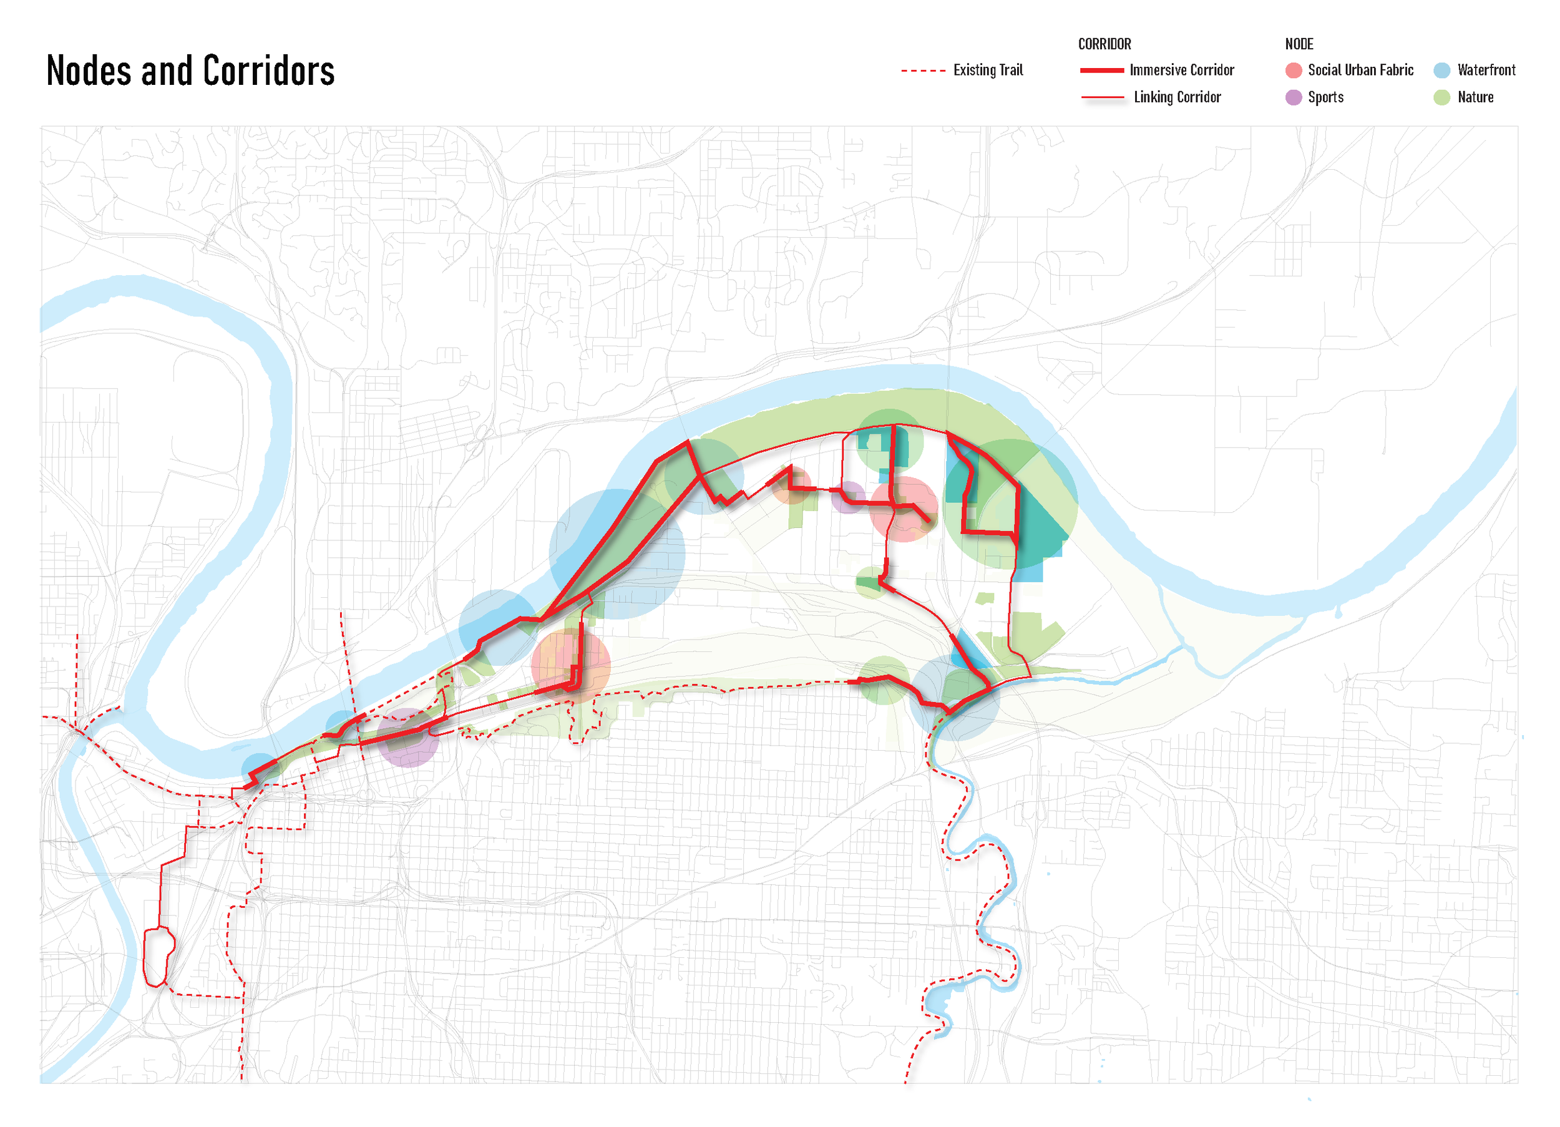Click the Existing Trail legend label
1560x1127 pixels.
(988, 70)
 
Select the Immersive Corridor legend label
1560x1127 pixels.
(1182, 70)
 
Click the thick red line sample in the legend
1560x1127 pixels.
(1101, 70)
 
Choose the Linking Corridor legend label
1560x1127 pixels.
(1177, 97)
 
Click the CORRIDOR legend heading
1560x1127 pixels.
(1104, 44)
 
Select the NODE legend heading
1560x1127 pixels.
(1299, 44)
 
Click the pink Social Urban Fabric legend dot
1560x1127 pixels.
(1293, 70)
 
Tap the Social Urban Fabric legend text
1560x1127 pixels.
(1360, 70)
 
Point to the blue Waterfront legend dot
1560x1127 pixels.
(1441, 70)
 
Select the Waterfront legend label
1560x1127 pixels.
(1486, 70)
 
